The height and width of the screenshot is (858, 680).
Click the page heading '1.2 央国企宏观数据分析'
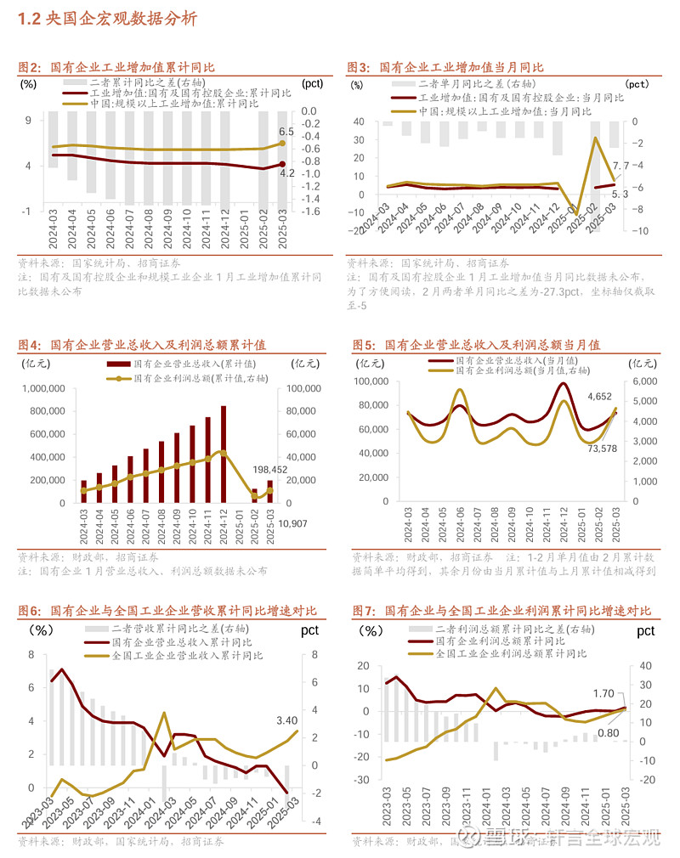[x=107, y=18]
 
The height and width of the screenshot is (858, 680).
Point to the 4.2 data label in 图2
[x=286, y=173]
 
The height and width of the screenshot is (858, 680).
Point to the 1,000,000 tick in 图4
[x=41, y=389]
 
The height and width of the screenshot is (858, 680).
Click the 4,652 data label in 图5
[x=600, y=396]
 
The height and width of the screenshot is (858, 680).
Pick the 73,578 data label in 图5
[x=604, y=448]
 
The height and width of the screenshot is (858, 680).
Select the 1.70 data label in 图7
[x=604, y=693]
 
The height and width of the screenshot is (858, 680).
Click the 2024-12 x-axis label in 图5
[x=564, y=529]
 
